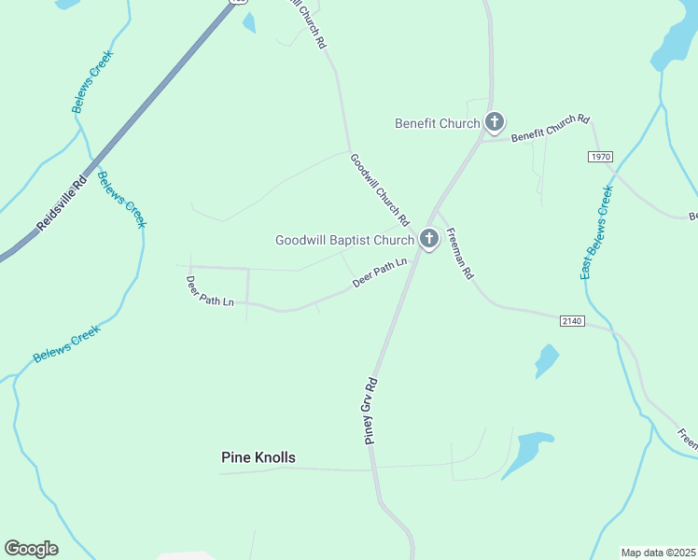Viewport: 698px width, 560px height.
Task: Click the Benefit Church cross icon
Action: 495,122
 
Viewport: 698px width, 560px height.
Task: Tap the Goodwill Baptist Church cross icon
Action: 429,240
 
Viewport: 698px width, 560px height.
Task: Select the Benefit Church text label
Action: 437,123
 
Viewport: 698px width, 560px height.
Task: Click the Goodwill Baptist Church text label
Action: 343,241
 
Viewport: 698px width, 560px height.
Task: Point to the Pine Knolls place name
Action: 258,457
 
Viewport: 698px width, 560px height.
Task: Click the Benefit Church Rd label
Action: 551,128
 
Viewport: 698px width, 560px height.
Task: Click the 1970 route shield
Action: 601,156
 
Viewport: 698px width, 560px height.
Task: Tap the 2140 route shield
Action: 572,321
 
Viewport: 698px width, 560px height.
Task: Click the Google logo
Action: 31,548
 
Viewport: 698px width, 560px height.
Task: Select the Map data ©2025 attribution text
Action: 658,553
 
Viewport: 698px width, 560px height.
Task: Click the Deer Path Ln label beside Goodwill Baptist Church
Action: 381,273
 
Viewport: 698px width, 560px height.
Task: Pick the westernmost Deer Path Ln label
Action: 210,291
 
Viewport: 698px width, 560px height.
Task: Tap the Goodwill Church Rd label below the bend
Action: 380,190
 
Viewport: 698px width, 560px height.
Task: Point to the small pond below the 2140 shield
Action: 546,360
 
